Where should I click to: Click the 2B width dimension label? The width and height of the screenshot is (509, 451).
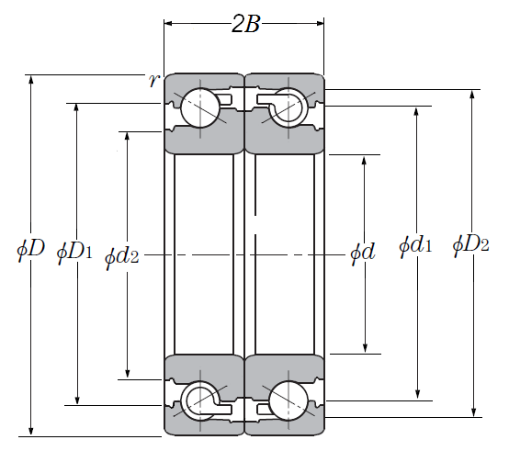[245, 24]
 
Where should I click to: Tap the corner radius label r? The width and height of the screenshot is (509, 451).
[154, 80]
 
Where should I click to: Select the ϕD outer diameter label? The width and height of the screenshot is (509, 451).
[30, 250]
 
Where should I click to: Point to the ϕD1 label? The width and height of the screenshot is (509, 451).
[74, 252]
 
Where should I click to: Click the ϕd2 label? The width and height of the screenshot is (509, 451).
[121, 257]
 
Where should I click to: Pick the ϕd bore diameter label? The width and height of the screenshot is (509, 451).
[363, 253]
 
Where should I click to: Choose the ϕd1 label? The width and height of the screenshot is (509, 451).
[415, 245]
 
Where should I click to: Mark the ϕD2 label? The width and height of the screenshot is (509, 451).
[470, 244]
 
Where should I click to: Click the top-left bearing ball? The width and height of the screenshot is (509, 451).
[200, 107]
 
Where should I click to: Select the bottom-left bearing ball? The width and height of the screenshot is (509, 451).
[200, 400]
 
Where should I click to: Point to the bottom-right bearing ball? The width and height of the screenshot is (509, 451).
[288, 400]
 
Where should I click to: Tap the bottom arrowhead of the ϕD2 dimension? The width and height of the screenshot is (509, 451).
[474, 412]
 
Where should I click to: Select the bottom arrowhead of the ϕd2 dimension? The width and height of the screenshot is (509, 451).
[127, 374]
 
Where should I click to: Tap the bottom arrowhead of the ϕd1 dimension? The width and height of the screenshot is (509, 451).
[417, 395]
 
